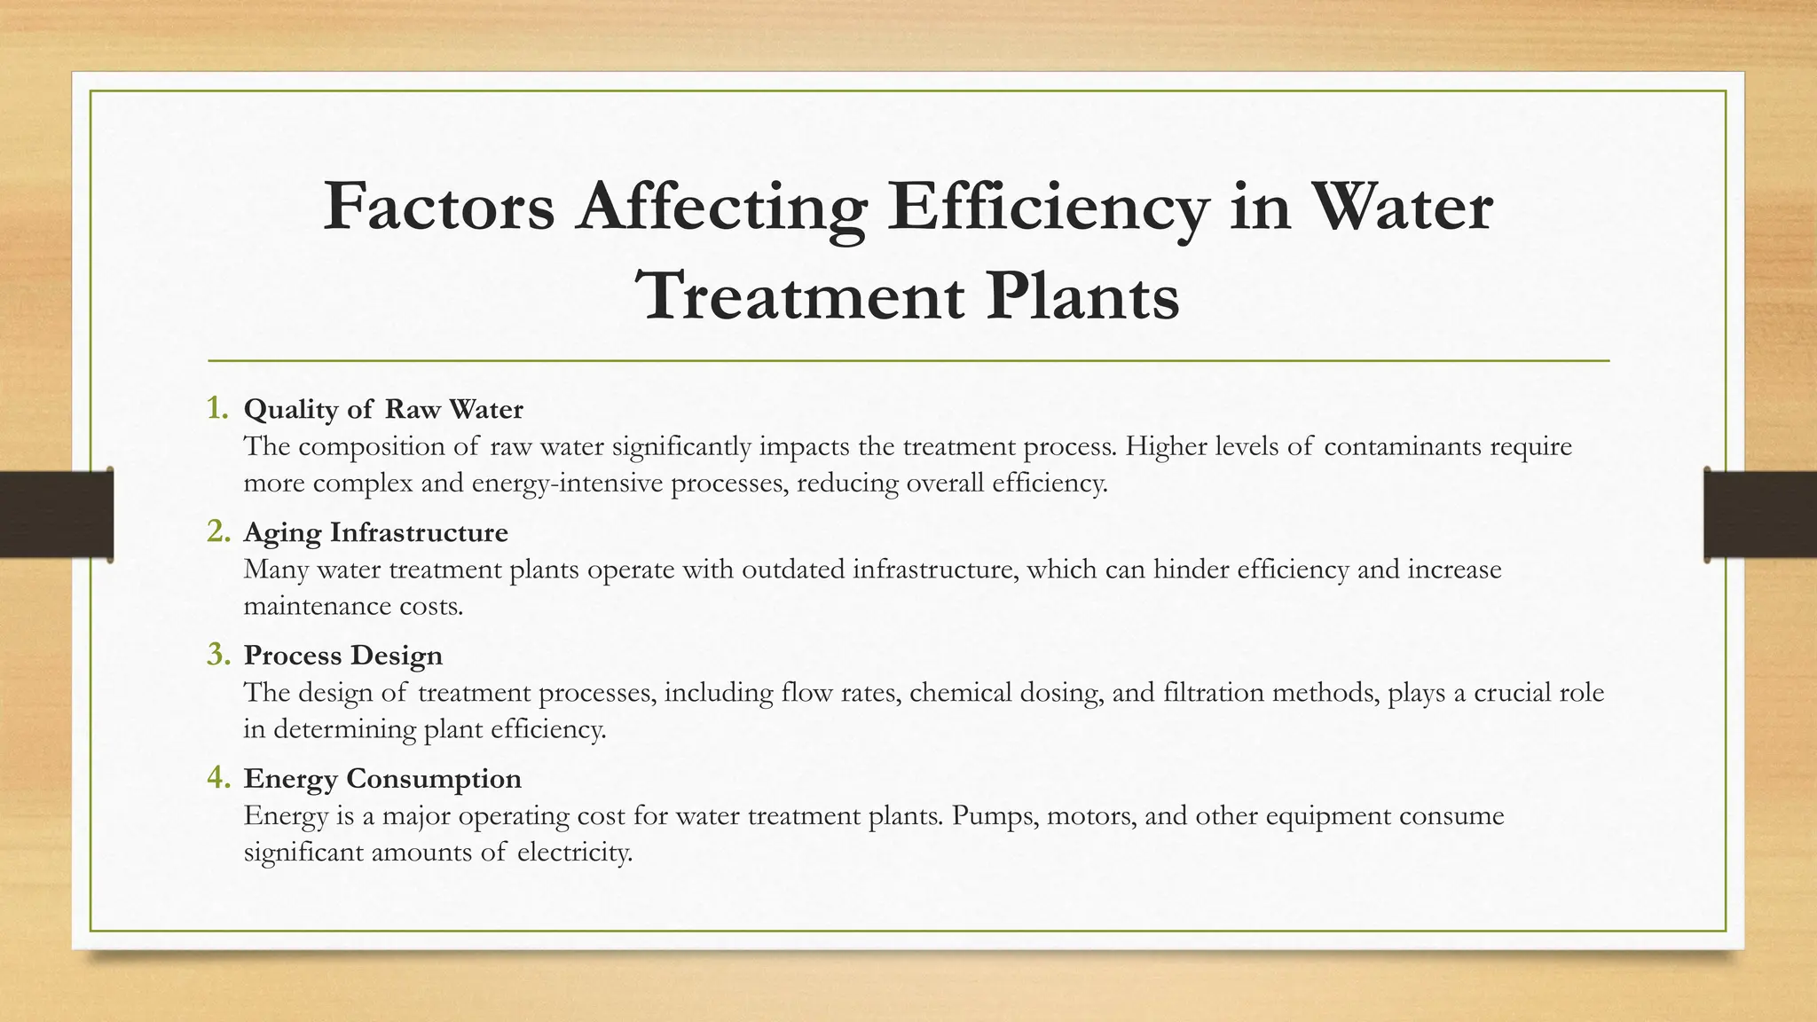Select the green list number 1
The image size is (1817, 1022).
tap(217, 408)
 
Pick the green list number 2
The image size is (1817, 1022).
tap(218, 531)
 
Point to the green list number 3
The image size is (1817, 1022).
tap(218, 655)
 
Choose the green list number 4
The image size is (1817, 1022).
tap(218, 778)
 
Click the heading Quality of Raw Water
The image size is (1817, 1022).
tap(383, 409)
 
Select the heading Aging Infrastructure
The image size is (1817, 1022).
tap(375, 532)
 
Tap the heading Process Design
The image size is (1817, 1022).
tap(342, 656)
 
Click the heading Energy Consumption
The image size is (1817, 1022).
tap(382, 779)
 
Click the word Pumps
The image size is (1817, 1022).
tap(995, 815)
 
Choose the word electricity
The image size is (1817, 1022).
tap(574, 853)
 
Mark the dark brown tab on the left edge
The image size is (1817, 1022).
tap(56, 515)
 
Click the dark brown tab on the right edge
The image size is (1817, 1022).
tap(1760, 515)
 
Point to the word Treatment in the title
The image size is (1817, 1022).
tap(801, 296)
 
